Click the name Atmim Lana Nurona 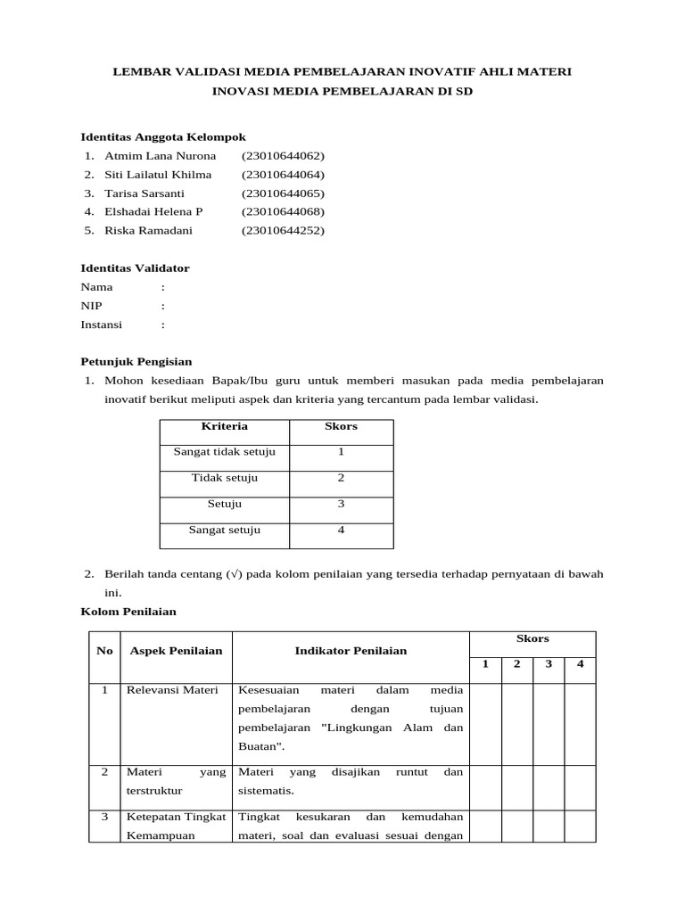160,156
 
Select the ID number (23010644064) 283,175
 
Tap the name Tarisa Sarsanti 144,193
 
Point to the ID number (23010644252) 283,231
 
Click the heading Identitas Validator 135,268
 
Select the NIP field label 92,306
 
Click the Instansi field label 102,325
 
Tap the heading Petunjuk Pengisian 136,362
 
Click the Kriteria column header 225,426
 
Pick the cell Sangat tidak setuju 225,452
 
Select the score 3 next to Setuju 341,505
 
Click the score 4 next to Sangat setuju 341,531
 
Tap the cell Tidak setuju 225,479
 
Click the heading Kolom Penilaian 128,612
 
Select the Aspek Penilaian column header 176,651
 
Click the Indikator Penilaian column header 351,651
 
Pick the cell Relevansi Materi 174,691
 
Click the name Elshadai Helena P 153,212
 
